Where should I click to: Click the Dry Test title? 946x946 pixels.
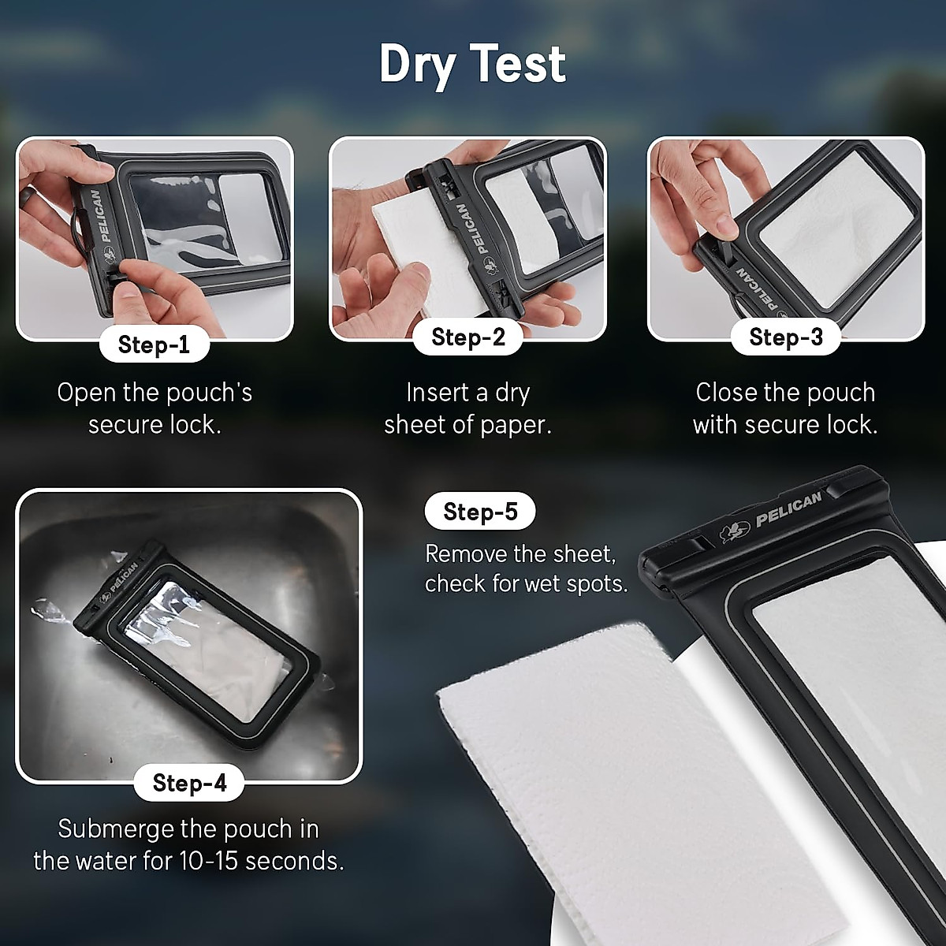472,64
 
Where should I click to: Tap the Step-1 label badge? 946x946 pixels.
154,345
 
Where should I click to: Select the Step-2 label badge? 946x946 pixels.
468,337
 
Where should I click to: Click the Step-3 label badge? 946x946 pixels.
786,337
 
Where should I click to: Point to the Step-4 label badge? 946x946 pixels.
189,782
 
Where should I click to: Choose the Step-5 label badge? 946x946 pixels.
480,512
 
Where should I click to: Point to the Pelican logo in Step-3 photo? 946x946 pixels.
754,288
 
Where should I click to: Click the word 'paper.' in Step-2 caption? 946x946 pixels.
516,425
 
